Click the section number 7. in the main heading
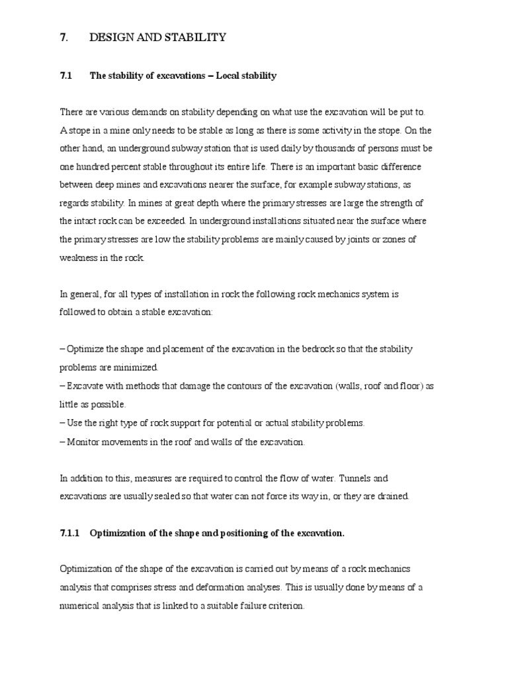point(63,38)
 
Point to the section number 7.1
point(65,76)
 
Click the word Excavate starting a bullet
point(85,385)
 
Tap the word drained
point(394,496)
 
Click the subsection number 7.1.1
point(69,532)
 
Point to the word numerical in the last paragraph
point(81,605)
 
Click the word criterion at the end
point(286,605)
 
